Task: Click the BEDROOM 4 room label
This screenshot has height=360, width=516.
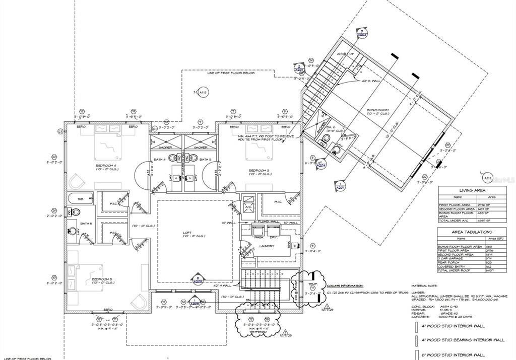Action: pyautogui.click(x=106, y=165)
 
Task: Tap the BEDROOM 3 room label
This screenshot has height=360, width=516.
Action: pyautogui.click(x=260, y=171)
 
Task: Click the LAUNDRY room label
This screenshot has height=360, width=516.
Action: pyautogui.click(x=267, y=246)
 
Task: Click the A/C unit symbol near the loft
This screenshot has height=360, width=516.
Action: pyautogui.click(x=248, y=207)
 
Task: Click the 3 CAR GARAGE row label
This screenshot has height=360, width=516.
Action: pyautogui.click(x=450, y=258)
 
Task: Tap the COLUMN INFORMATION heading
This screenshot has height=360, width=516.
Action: pyautogui.click(x=345, y=285)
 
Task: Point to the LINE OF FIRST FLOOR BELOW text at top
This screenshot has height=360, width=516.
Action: pyautogui.click(x=231, y=73)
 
